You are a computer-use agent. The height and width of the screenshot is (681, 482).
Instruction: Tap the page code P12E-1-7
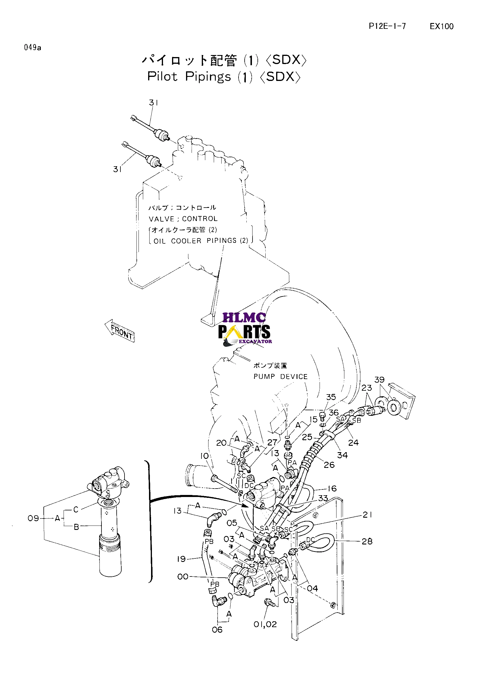point(387,26)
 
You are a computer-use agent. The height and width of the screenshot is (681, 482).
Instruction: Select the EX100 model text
point(441,26)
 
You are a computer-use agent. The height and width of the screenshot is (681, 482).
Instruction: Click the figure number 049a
point(33,47)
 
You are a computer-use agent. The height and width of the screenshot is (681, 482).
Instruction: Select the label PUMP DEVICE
point(281,376)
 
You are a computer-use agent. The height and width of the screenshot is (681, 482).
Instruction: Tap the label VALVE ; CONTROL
point(183,219)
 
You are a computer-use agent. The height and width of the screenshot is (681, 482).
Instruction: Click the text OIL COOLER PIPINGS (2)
point(201,241)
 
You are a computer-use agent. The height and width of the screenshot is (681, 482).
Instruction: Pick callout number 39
point(379,380)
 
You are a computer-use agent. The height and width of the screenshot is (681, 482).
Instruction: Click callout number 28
point(367,541)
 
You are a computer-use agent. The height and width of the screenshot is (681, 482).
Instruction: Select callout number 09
point(33,518)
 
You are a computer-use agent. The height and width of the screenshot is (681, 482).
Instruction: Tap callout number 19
point(181,559)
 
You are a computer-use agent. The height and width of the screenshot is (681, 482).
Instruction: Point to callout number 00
point(183,576)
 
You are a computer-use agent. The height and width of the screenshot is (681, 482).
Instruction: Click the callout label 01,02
point(265,624)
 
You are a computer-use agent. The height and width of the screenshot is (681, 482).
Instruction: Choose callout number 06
point(217,630)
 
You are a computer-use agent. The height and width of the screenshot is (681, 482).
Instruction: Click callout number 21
point(367,515)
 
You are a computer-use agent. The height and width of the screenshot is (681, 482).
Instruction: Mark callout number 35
point(331,397)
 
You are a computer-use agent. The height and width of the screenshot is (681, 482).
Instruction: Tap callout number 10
point(204,456)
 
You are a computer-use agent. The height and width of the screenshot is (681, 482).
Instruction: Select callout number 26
point(329,465)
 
